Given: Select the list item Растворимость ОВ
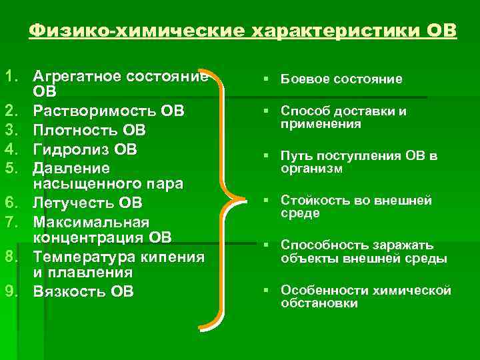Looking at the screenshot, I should coord(109,110).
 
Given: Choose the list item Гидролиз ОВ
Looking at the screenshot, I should coord(85,149).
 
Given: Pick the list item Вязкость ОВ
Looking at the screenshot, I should coord(83,291).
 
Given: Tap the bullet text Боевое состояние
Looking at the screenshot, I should coord(341,79).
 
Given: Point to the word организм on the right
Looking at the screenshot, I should coord(311,169).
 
